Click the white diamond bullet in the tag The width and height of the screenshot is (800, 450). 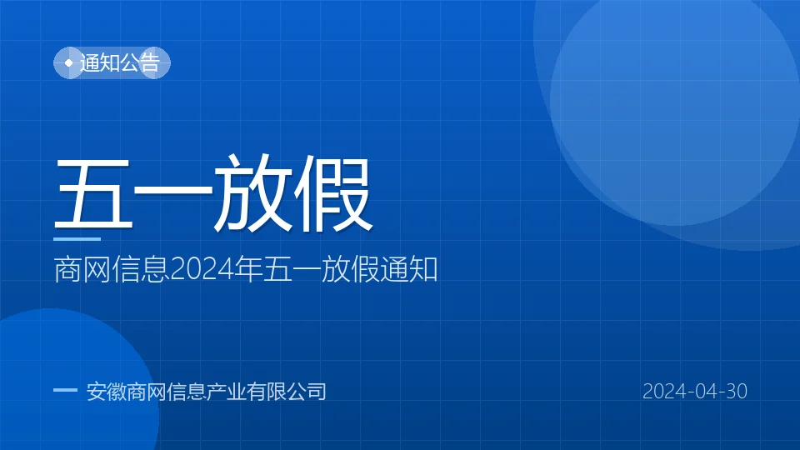(x=69, y=62)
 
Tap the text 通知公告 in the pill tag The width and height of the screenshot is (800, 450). (x=120, y=62)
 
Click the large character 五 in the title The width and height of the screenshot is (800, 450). (x=94, y=193)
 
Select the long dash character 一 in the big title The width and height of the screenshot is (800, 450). (x=173, y=192)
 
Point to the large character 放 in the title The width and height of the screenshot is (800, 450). (x=252, y=193)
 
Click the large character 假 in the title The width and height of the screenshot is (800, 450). (x=332, y=193)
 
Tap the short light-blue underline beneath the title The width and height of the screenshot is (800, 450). (x=77, y=239)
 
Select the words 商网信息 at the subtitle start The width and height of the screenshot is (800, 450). (x=111, y=270)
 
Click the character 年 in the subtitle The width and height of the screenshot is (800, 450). (x=248, y=269)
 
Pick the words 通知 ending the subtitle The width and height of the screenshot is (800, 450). (x=408, y=269)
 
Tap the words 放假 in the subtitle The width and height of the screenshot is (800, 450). (x=350, y=269)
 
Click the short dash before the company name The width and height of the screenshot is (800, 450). (x=65, y=390)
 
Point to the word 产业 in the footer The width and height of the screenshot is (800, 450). (x=226, y=392)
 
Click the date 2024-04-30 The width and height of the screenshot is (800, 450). (x=695, y=392)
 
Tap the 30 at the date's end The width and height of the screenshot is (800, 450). (x=736, y=392)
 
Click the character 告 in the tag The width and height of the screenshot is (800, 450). (x=150, y=62)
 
